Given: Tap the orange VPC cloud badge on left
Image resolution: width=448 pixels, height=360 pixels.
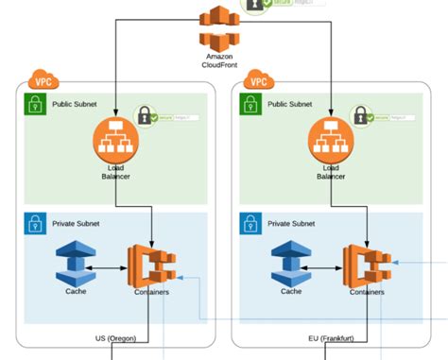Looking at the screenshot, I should pyautogui.click(x=43, y=79).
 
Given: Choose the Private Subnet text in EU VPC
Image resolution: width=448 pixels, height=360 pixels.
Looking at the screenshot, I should pyautogui.click(x=292, y=224).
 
